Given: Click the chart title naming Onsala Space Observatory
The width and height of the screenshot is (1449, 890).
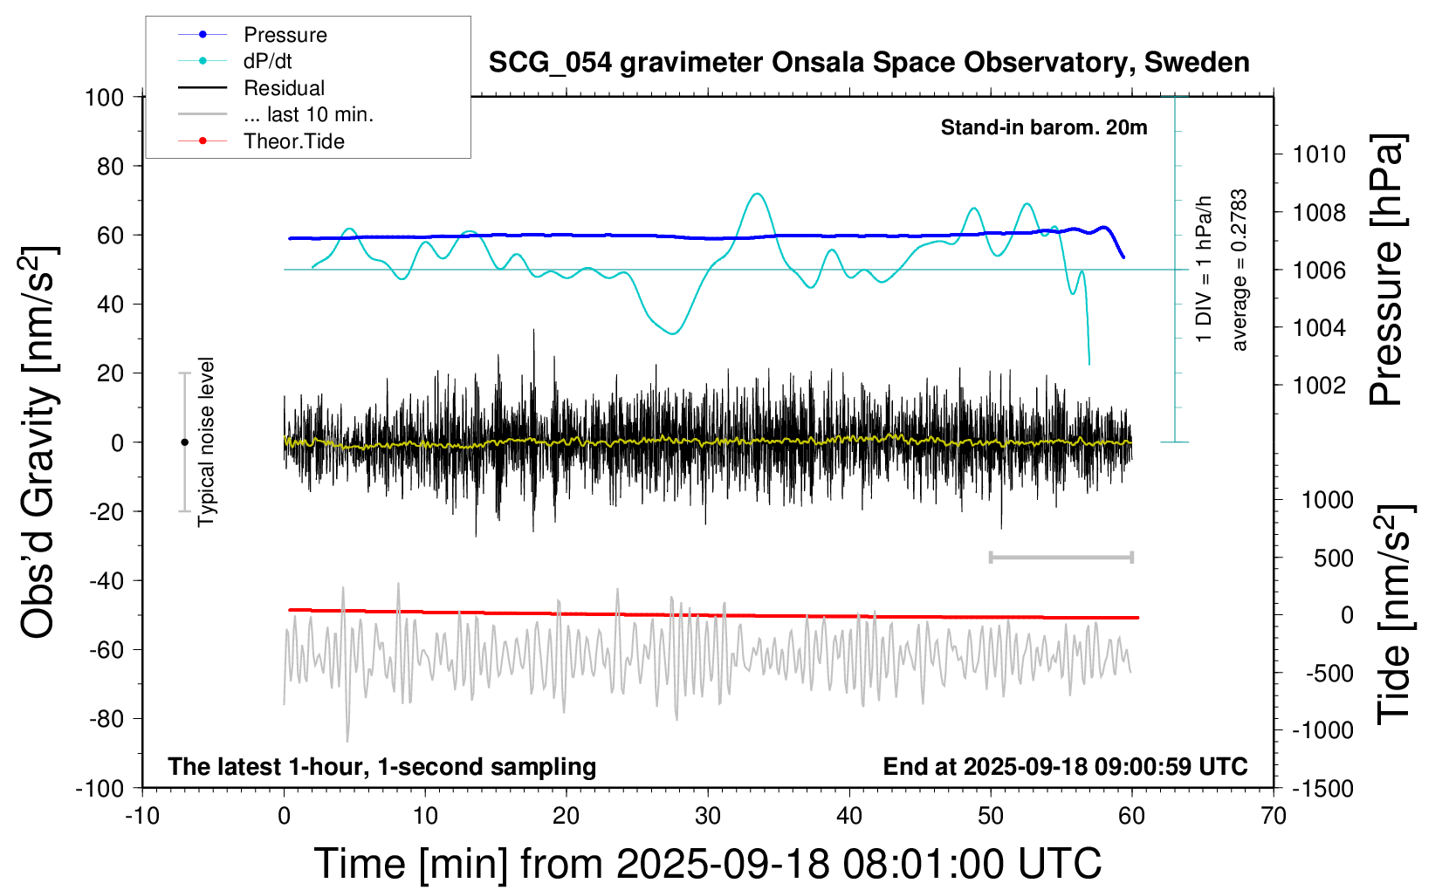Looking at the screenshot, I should click(869, 63).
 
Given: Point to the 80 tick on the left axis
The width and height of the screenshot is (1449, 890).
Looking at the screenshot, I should click(110, 166).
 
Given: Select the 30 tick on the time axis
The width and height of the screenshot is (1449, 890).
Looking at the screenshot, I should click(708, 817).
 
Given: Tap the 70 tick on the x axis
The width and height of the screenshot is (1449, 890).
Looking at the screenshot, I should click(1274, 817).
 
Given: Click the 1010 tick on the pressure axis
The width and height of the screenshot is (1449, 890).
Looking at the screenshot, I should click(1319, 154).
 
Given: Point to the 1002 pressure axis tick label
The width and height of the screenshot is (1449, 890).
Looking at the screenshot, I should click(1319, 385).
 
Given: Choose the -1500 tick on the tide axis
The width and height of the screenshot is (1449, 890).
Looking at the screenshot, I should click(1322, 789).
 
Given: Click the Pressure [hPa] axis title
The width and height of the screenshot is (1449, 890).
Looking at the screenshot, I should click(1386, 270).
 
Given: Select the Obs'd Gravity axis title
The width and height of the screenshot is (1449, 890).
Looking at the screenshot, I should click(39, 442).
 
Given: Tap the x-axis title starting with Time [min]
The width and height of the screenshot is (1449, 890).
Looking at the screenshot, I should click(708, 864).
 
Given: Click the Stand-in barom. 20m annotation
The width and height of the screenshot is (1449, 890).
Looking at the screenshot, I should click(1044, 127).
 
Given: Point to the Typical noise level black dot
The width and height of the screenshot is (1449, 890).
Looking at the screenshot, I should click(184, 442).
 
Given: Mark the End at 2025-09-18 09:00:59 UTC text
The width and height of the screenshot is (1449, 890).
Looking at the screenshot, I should click(1065, 767).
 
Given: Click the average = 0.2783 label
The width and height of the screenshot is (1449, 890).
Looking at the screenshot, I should click(1240, 270).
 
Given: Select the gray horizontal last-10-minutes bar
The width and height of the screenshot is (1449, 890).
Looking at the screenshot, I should click(1061, 557).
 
